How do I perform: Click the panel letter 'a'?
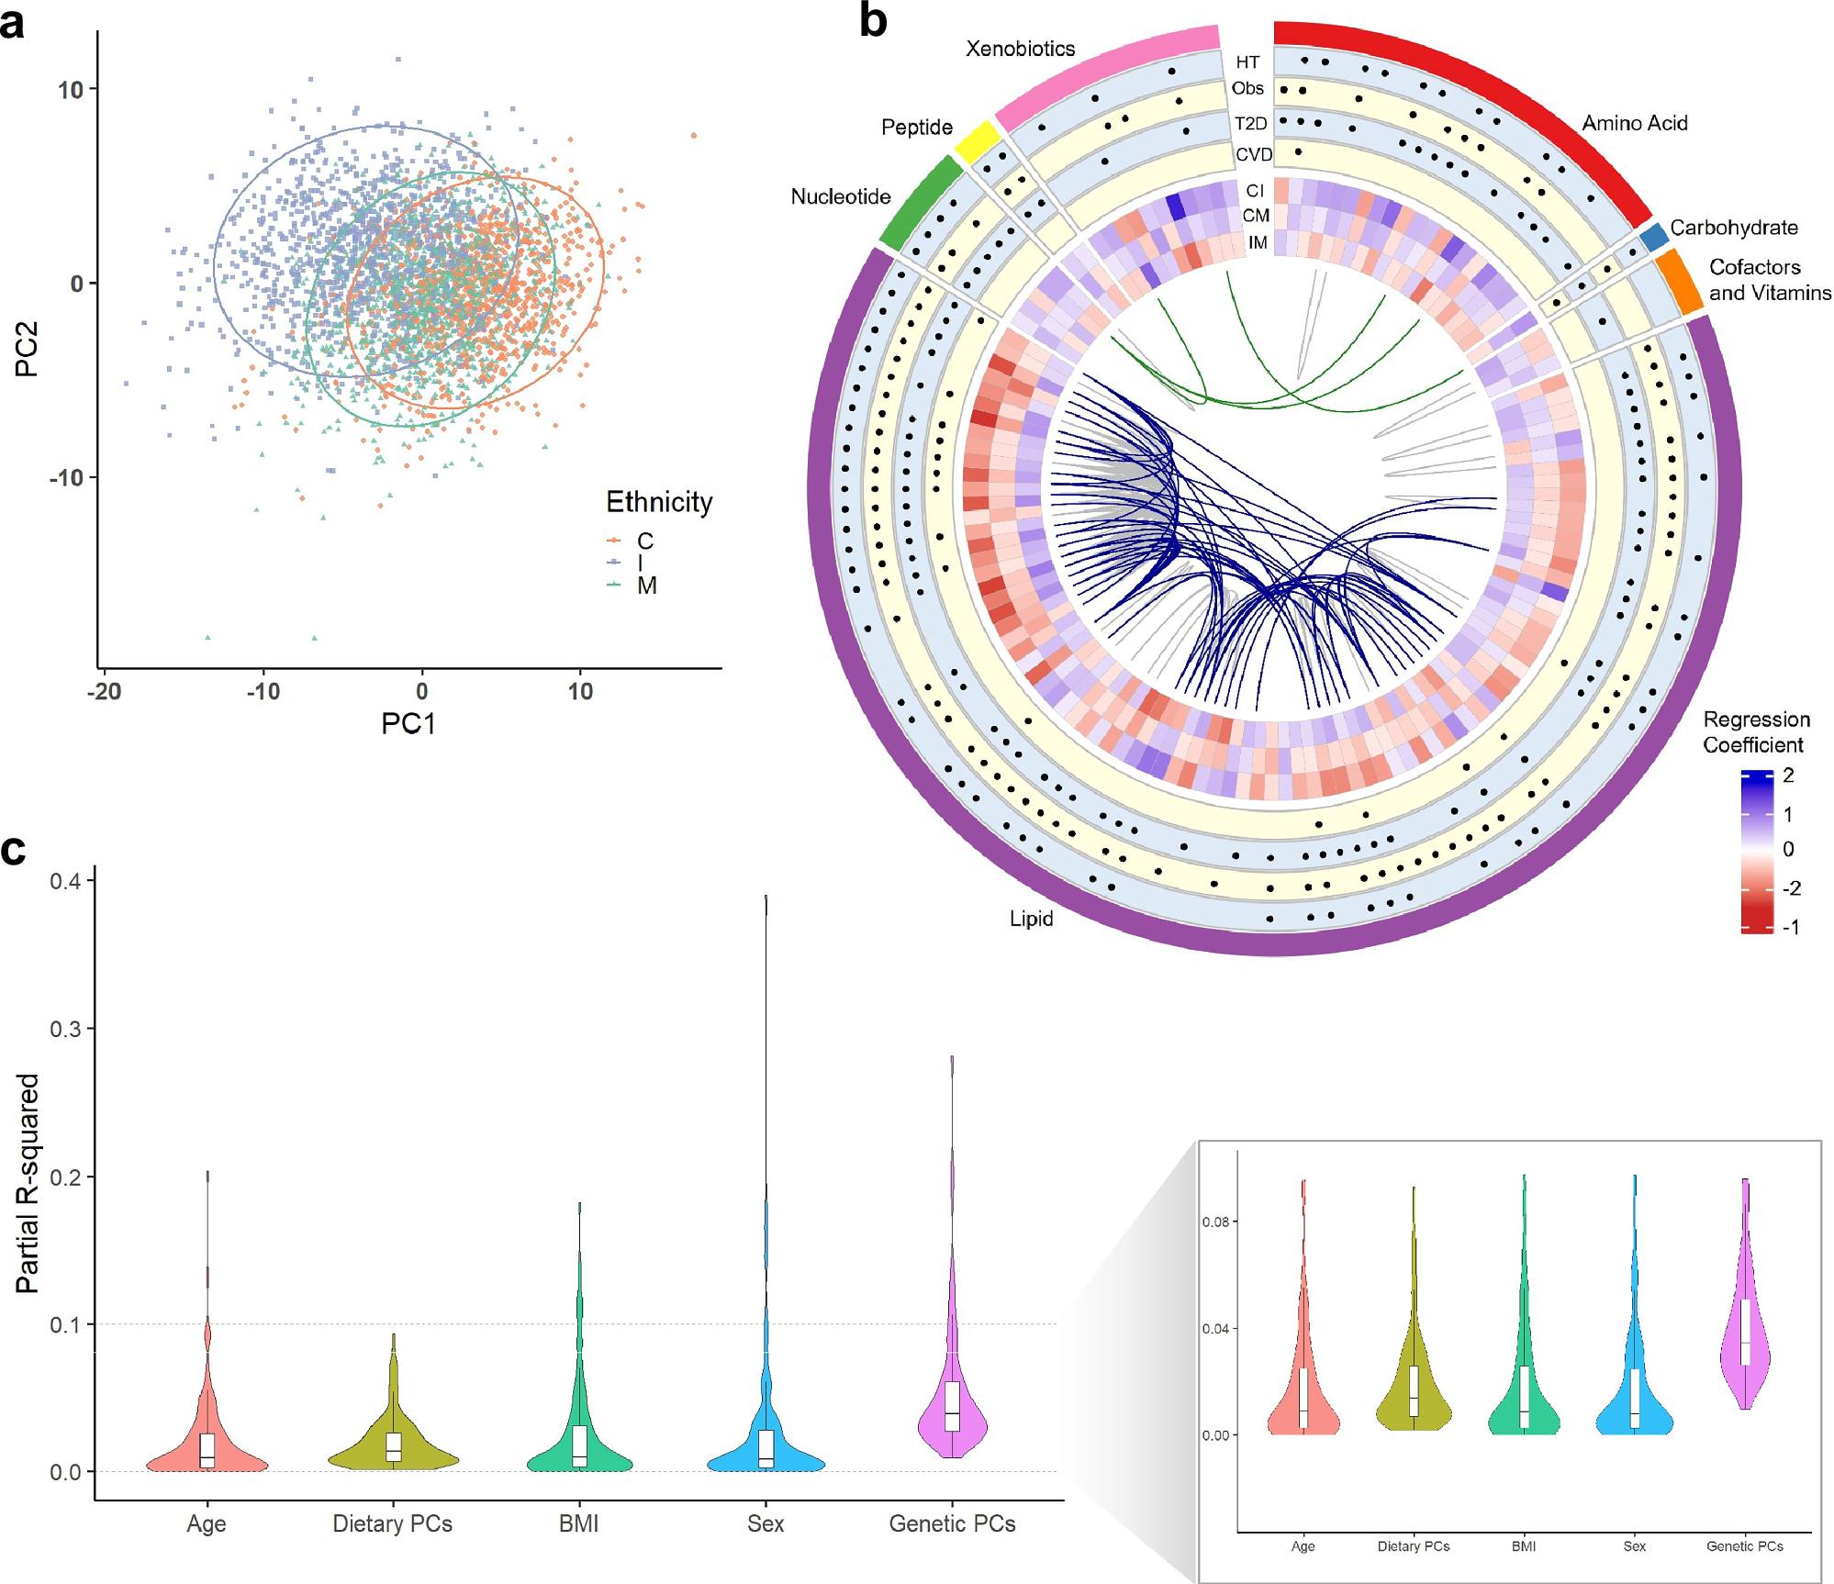point(13,23)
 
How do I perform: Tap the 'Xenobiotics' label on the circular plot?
point(1020,49)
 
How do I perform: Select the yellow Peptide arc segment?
point(977,142)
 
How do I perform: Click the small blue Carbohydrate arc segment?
point(1653,237)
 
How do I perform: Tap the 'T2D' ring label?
point(1250,124)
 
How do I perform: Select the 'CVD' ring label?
point(1253,154)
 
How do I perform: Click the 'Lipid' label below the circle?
point(1031,919)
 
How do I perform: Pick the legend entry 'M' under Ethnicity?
point(646,586)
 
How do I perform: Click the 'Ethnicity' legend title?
point(659,502)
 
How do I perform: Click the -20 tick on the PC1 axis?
point(105,691)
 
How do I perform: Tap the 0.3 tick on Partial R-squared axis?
point(65,1029)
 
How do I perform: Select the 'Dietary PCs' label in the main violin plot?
point(392,1523)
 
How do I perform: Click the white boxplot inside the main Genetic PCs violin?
point(952,1405)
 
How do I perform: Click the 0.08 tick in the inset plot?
point(1215,1221)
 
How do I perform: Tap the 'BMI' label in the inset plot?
point(1523,1546)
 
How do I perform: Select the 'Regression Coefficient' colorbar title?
point(1756,731)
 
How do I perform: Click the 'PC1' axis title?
point(408,724)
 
